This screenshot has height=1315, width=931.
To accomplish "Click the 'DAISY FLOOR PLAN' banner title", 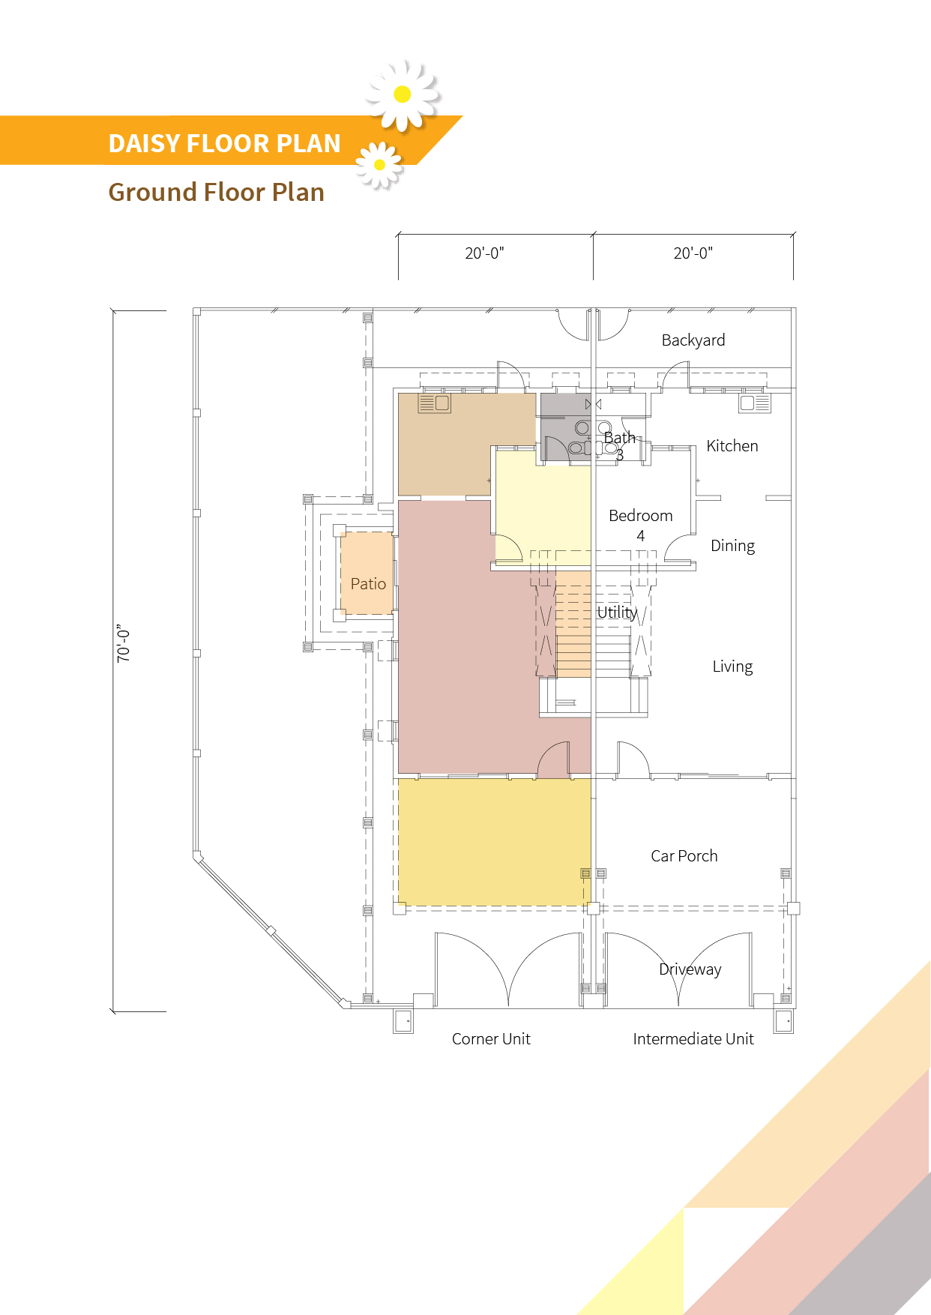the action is pyautogui.click(x=225, y=143).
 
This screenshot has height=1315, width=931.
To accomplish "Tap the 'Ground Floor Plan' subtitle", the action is pyautogui.click(x=217, y=193).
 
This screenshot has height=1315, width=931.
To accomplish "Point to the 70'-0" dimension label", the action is pyautogui.click(x=124, y=643).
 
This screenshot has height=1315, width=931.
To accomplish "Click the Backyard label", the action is pyautogui.click(x=693, y=340).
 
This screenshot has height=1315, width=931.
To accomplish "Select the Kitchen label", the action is pyautogui.click(x=732, y=446).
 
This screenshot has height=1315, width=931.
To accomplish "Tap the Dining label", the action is pyautogui.click(x=732, y=546).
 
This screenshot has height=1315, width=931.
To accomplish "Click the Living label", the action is pyautogui.click(x=732, y=666).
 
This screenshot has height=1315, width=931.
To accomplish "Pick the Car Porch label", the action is pyautogui.click(x=684, y=856).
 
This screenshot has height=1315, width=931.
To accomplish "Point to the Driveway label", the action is pyautogui.click(x=690, y=969).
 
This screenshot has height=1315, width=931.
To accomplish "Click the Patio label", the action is pyautogui.click(x=368, y=584).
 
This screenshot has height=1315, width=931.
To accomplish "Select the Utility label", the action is pyautogui.click(x=617, y=613).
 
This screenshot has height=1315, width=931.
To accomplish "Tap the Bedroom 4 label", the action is pyautogui.click(x=641, y=526).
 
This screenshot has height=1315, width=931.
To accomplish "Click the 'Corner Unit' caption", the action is pyautogui.click(x=491, y=1039).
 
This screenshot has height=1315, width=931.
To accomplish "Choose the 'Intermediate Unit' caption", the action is pyautogui.click(x=693, y=1039).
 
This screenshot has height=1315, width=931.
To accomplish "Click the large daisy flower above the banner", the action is pyautogui.click(x=403, y=94).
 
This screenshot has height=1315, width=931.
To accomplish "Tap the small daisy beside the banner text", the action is pyautogui.click(x=379, y=164).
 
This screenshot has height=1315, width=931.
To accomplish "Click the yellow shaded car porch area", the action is pyautogui.click(x=493, y=841).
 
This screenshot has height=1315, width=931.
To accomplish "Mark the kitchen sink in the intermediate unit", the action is pyautogui.click(x=755, y=403).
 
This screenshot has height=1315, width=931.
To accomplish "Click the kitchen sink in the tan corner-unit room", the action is pyautogui.click(x=434, y=403).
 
